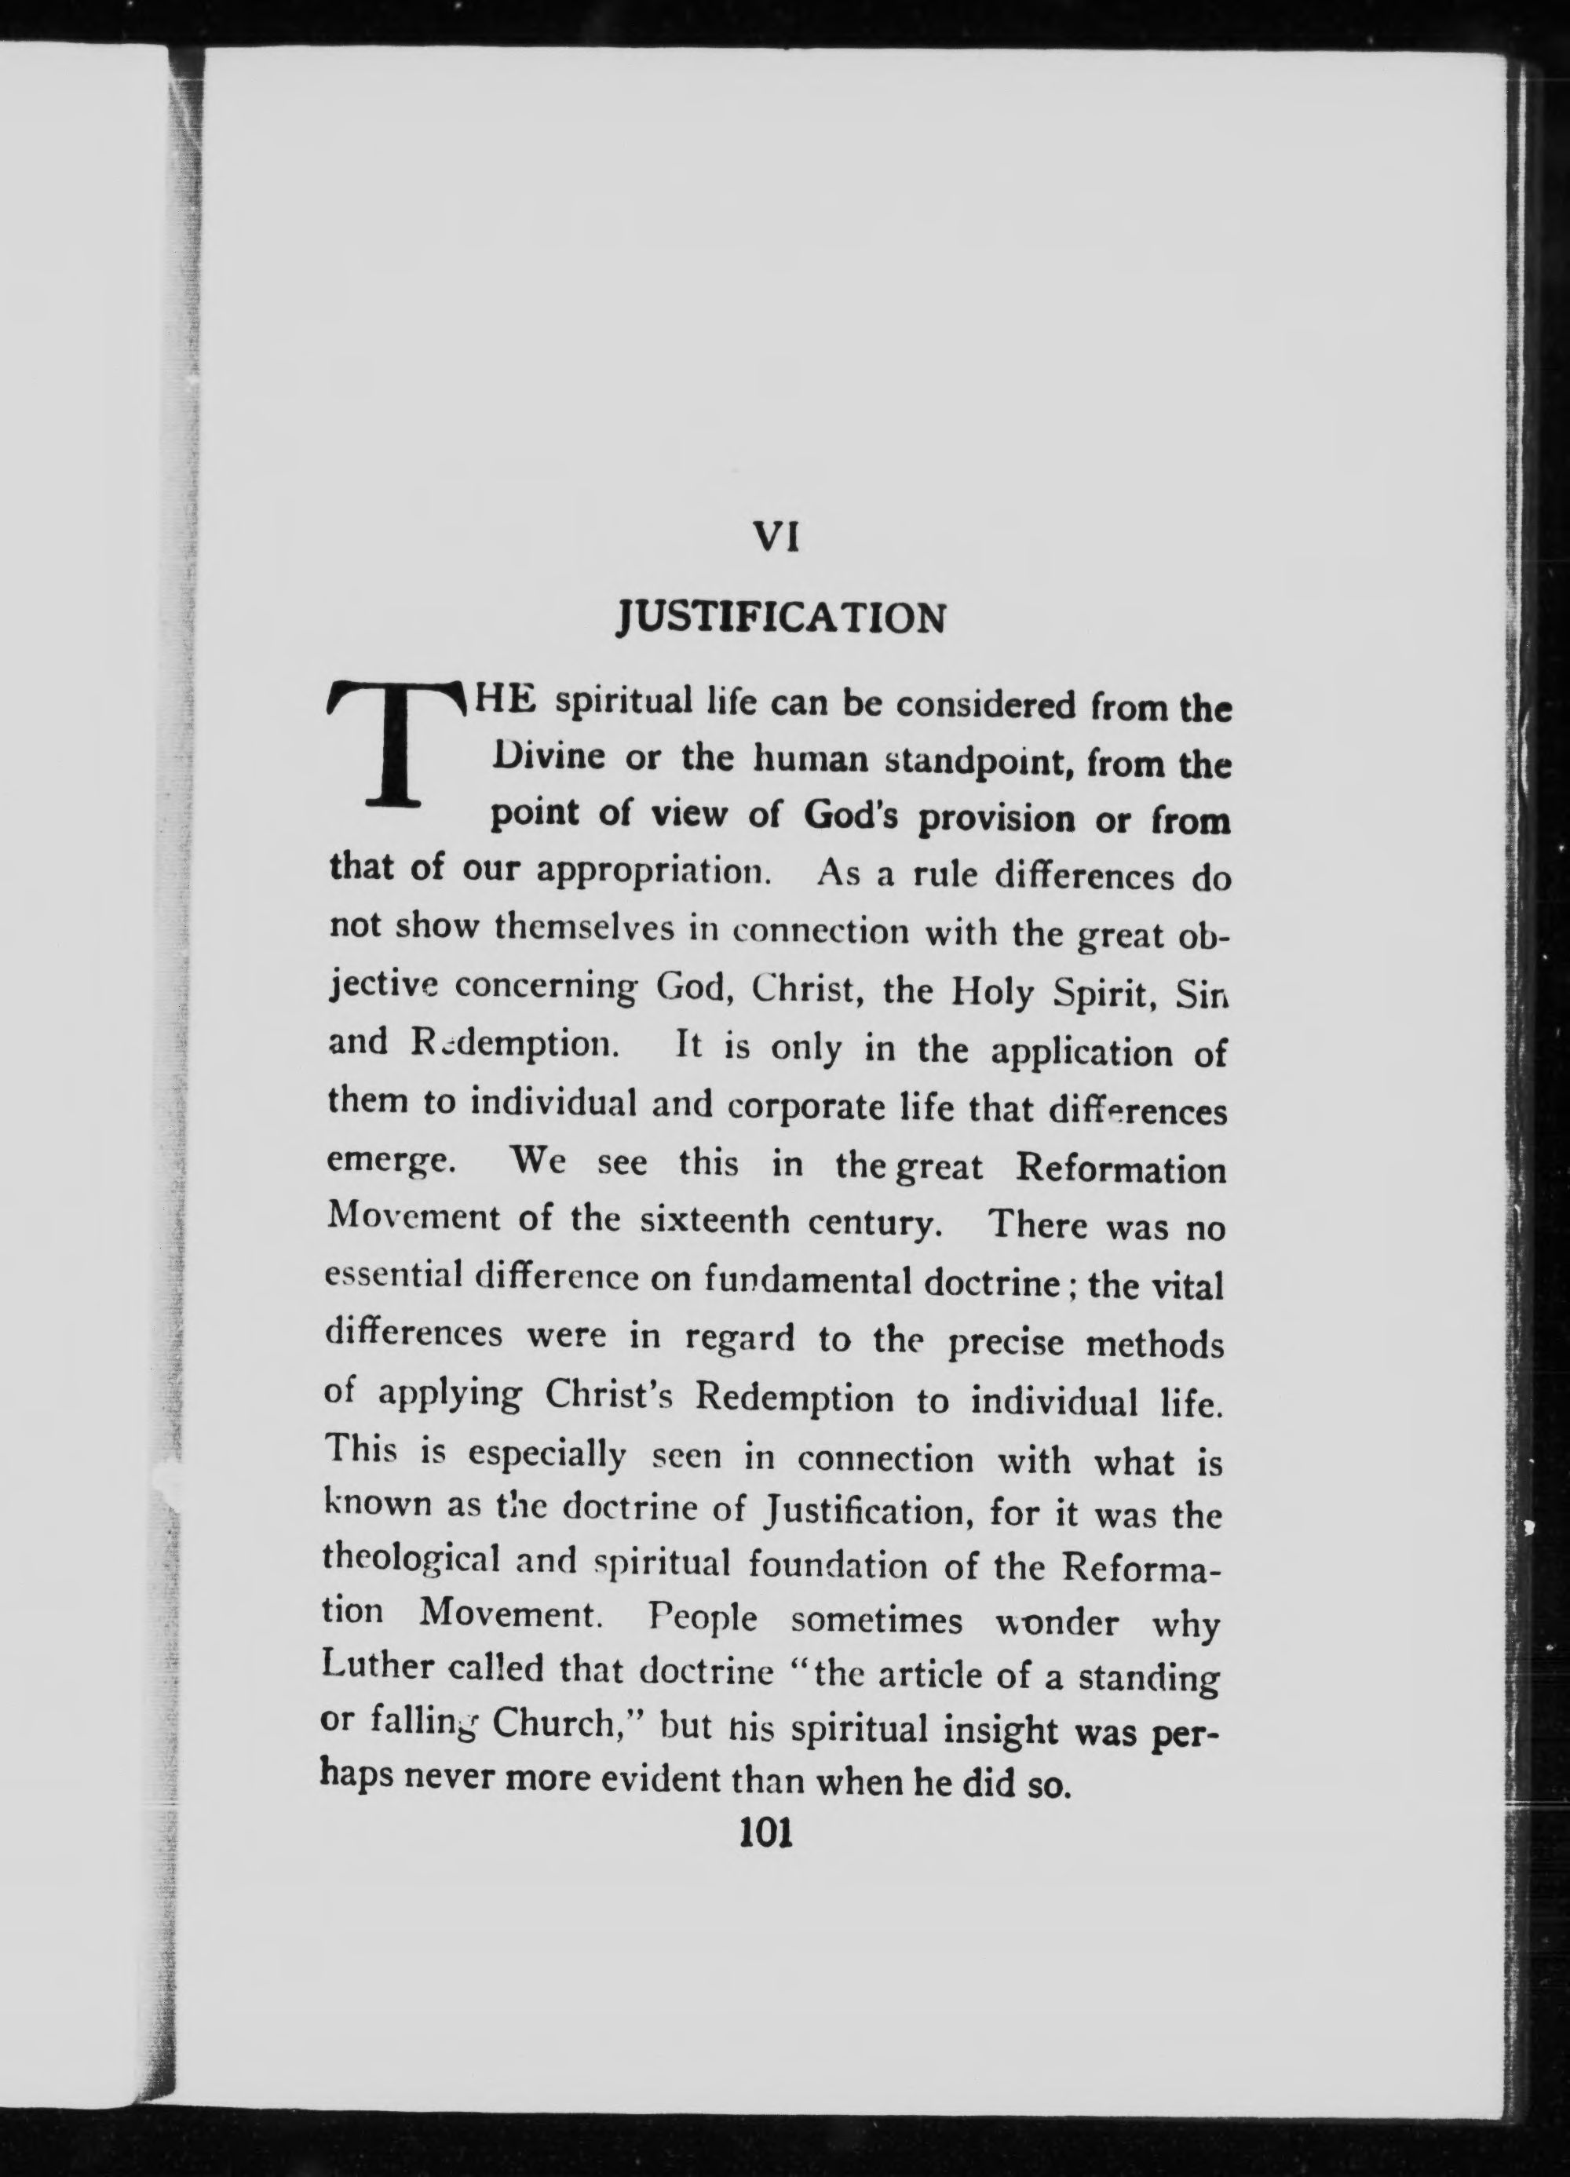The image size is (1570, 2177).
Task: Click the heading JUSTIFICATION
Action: click(x=780, y=618)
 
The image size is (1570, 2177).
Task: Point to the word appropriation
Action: click(x=654, y=870)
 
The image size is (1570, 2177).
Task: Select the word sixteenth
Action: click(x=714, y=1220)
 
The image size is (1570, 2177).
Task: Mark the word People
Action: click(x=701, y=1619)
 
